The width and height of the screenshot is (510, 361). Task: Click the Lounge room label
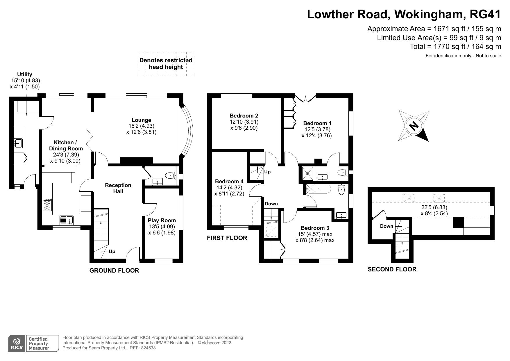[141, 120]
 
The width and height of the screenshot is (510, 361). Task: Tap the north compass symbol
[414, 126]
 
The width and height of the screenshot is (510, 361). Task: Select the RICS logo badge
[17, 343]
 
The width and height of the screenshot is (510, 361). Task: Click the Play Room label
[162, 220]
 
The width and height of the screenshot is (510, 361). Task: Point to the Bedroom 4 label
[229, 182]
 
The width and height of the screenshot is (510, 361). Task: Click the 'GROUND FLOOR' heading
[114, 271]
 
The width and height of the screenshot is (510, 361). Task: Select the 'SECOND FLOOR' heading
[392, 269]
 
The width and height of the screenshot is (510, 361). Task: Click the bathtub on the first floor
[318, 190]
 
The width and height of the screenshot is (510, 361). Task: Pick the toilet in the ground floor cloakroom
[170, 175]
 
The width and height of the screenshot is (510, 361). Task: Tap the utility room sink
[19, 143]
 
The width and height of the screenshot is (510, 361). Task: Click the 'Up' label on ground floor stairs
[112, 251]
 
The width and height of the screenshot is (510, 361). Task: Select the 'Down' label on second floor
[386, 226]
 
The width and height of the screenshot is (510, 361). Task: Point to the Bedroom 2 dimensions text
[244, 125]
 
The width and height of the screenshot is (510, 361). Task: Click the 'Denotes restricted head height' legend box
[166, 64]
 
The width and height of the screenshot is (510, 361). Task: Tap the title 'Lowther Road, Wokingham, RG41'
[404, 14]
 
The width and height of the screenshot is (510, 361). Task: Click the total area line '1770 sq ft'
[455, 46]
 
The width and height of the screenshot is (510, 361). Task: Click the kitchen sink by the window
[67, 220]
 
